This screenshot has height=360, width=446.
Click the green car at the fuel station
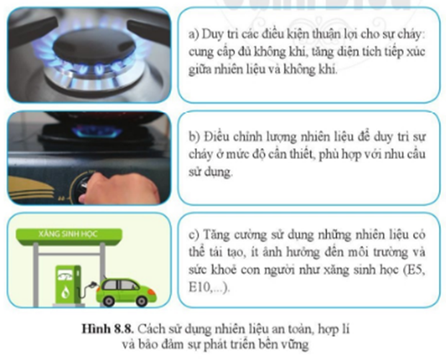click(127, 292)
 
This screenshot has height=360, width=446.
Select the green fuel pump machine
click(68, 285)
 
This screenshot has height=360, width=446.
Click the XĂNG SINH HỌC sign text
click(68, 234)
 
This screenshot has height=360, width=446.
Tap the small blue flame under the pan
click(96, 131)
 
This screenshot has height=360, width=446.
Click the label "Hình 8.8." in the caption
click(107, 329)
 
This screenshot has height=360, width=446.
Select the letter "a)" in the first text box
click(194, 35)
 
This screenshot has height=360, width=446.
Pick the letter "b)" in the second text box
click(194, 137)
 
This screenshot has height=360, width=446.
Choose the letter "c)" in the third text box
click(194, 235)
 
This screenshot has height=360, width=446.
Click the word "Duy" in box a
click(213, 35)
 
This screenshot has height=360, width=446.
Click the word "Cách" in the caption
click(151, 329)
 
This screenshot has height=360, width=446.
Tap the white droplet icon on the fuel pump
click(66, 292)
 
